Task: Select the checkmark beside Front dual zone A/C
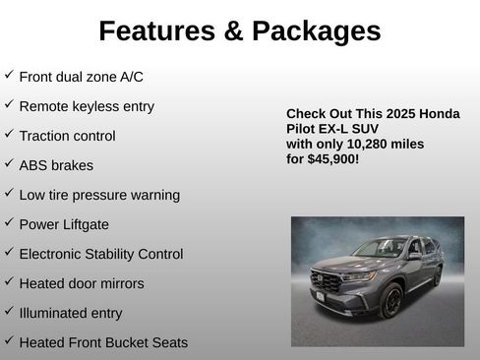click(9, 75)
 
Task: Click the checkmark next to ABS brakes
click(9, 163)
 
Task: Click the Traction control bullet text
click(67, 136)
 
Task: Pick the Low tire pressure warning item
click(99, 195)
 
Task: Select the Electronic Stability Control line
click(100, 254)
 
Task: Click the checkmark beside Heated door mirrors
click(9, 281)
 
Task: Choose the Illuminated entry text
click(71, 313)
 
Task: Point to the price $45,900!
click(332, 157)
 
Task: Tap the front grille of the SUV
click(329, 283)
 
